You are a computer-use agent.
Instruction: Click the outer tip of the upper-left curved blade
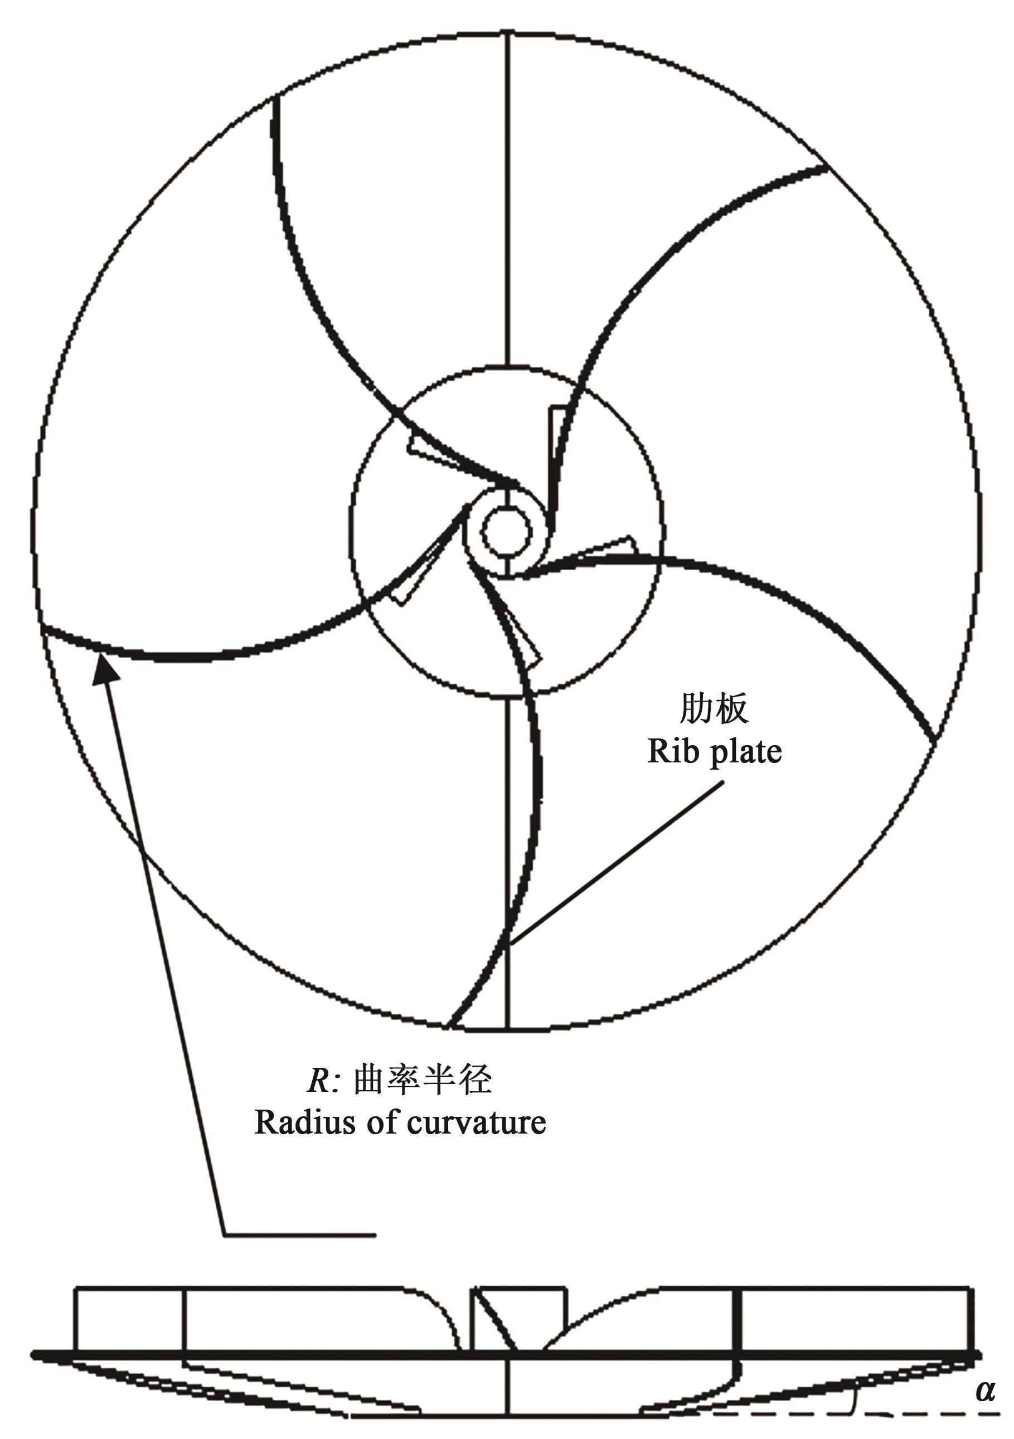(276, 100)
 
